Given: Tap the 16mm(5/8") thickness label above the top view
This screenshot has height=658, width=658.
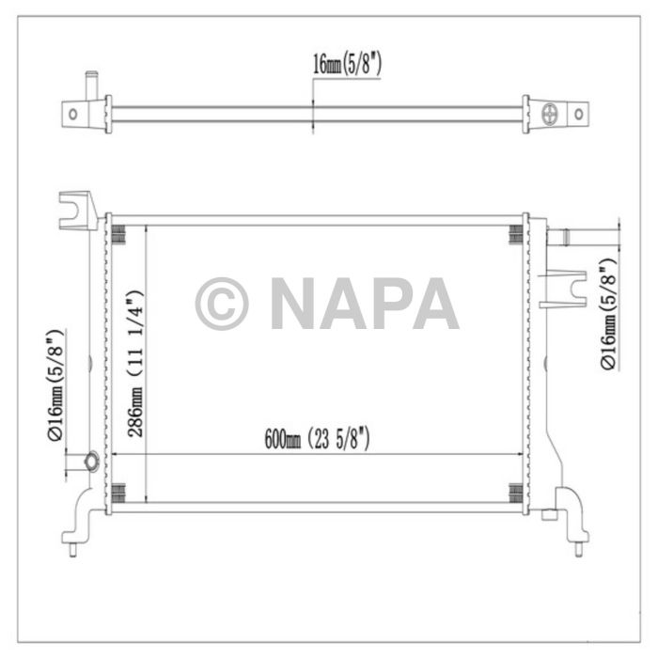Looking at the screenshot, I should coord(347,64).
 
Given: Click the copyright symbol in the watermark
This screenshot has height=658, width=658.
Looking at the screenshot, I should coord(222,304).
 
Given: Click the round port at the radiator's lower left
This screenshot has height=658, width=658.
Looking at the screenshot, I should coord(91,461).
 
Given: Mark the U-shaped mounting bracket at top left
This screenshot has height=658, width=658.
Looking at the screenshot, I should coord(77,207).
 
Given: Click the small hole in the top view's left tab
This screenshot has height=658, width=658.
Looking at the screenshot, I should coord(72,115).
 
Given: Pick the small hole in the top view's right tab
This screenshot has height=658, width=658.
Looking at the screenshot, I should coord(579,115).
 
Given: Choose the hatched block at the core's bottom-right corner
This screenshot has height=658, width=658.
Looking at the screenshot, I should coord(516,493).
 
